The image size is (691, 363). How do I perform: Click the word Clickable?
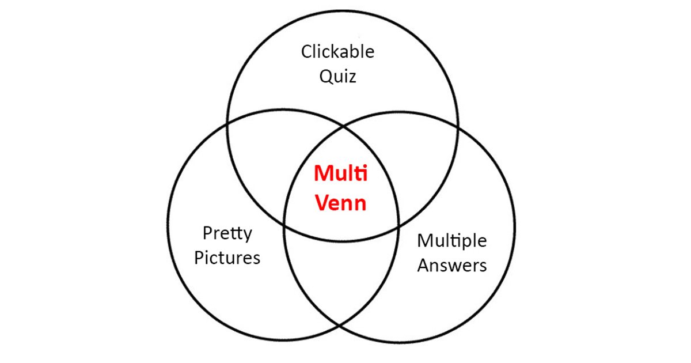pyautogui.click(x=337, y=52)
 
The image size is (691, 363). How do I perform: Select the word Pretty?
pyautogui.click(x=227, y=234)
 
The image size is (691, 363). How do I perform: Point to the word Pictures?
pyautogui.click(x=227, y=258)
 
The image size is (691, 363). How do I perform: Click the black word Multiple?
pyautogui.click(x=452, y=241)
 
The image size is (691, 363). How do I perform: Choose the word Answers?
pyautogui.click(x=452, y=265)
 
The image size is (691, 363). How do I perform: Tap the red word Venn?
pyautogui.click(x=340, y=203)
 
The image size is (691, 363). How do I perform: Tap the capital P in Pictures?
pyautogui.click(x=199, y=258)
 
